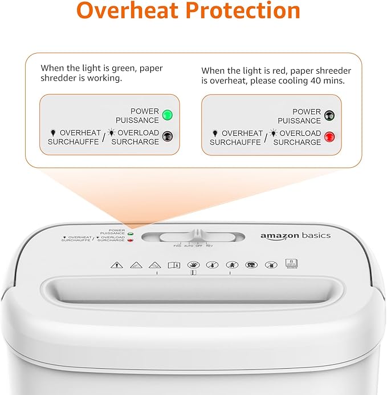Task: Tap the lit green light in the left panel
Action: click(167, 115)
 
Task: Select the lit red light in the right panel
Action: click(329, 136)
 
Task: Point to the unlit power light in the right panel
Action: click(329, 115)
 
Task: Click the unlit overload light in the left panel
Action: click(167, 136)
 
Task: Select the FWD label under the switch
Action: click(177, 245)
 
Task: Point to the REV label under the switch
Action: click(210, 245)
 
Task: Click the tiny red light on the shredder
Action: click(131, 240)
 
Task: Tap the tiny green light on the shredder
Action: click(131, 233)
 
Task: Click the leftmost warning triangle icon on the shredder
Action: click(116, 264)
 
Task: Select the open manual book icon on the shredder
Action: click(173, 264)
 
